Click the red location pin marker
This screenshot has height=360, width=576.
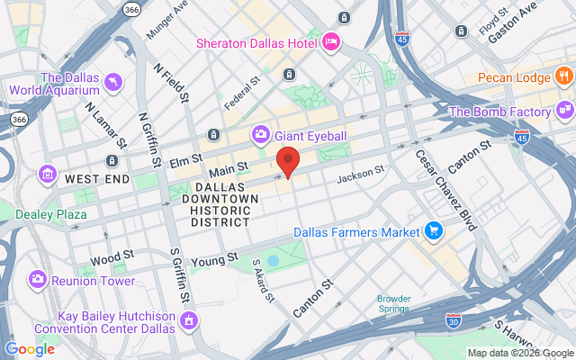pos(287,162)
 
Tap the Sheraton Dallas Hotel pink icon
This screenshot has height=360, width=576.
pos(331,40)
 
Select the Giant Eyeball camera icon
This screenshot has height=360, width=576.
pos(260,134)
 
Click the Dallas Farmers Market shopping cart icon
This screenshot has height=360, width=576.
pos(434,230)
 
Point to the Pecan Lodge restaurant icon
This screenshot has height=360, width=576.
pos(563,78)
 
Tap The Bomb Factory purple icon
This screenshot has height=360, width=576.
pos(564,112)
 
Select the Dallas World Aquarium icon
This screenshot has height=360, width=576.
pos(114,84)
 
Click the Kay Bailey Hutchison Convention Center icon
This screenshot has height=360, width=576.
pos(189,320)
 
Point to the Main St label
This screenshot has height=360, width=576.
pos(228,170)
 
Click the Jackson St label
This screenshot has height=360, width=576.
pos(361,174)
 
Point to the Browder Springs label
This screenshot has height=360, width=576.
pos(393,304)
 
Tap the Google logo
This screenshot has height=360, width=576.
pos(30,349)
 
